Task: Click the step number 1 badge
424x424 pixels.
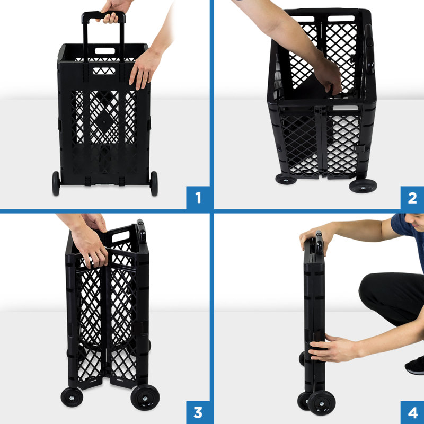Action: coord(198,198)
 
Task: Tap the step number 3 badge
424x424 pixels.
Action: coord(198,412)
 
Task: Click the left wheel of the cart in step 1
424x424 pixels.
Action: coord(56,183)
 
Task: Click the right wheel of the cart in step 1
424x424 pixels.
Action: coord(154,183)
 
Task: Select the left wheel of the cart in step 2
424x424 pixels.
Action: coord(286,179)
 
